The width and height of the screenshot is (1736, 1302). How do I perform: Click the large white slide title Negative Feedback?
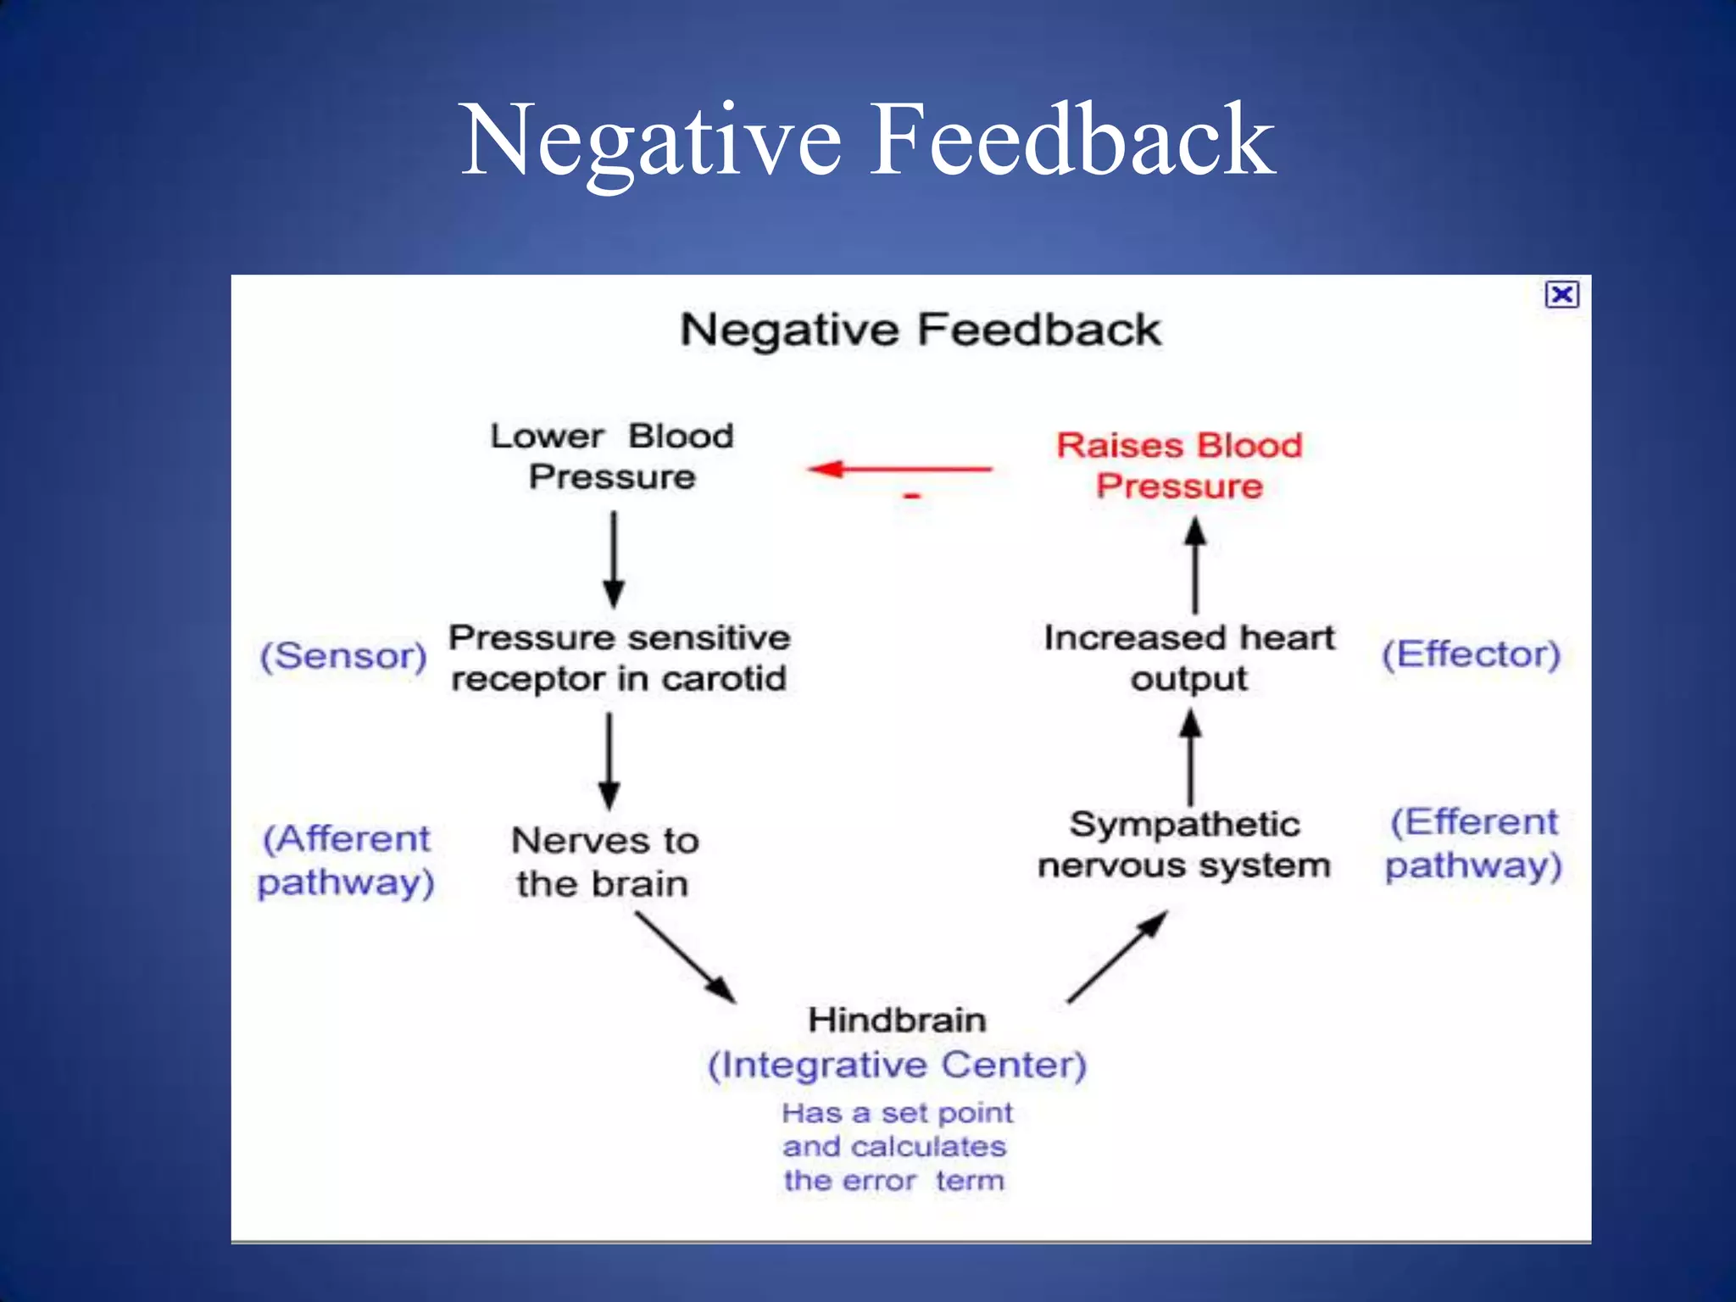coord(867,140)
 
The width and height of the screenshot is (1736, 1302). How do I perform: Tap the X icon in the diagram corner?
coord(1561,294)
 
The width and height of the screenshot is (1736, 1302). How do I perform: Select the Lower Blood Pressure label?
coord(612,457)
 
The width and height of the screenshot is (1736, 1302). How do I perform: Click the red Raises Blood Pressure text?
coord(1179,465)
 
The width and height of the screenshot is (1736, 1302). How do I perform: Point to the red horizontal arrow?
coord(900,469)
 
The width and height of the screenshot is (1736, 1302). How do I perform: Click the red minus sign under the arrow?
coord(912,495)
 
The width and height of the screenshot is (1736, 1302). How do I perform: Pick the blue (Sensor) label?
coord(343,656)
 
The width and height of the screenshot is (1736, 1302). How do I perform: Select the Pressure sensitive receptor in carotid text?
coord(619,658)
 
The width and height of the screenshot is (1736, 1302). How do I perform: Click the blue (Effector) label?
coord(1471,655)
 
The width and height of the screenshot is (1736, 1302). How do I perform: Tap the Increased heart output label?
coord(1188,658)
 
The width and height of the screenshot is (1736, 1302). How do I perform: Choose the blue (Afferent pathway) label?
coord(346,860)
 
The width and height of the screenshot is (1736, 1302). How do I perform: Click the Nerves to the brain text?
coord(604,862)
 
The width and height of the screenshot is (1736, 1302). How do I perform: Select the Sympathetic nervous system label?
coord(1184,845)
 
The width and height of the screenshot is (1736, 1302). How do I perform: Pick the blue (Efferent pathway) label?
coord(1473,843)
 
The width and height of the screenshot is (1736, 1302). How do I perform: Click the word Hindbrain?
coord(897,1020)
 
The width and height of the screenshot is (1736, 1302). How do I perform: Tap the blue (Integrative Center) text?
coord(897,1065)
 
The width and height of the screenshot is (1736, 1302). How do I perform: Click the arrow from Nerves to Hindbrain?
coord(685,957)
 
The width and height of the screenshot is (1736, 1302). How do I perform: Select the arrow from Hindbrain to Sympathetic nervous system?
coord(1117,957)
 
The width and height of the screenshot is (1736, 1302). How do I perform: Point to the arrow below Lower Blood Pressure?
coord(614,559)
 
